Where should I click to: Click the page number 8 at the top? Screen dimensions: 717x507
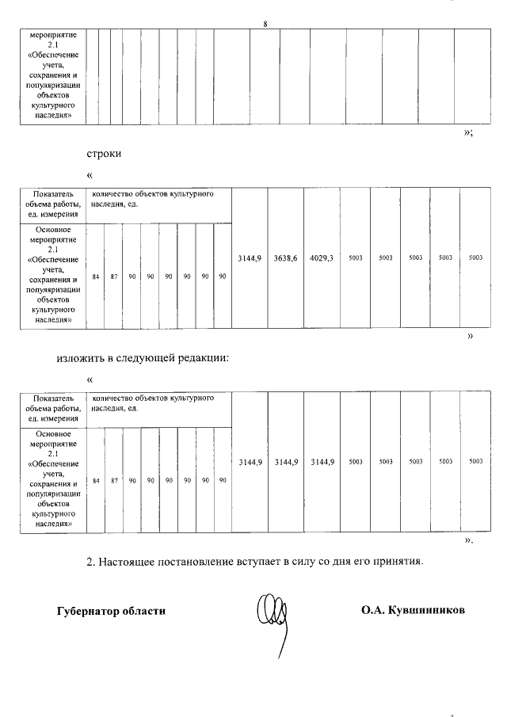[265, 24]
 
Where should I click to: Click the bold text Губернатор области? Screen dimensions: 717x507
[112, 611]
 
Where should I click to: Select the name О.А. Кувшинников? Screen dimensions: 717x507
[413, 611]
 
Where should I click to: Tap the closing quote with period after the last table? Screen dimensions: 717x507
[468, 541]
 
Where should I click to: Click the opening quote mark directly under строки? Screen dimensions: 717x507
[90, 174]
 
